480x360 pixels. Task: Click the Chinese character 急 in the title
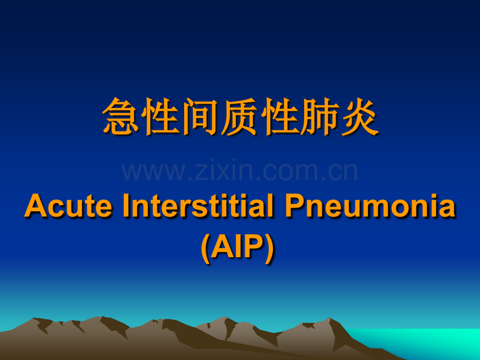coord(121,117)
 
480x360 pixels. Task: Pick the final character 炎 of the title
coord(359,117)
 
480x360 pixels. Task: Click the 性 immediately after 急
coord(160,117)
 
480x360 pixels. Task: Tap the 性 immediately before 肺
coord(280,117)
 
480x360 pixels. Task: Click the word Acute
coord(68,206)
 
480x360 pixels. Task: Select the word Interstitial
coord(198,205)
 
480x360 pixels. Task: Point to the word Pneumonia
coord(370,205)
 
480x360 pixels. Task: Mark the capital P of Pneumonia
coord(295,206)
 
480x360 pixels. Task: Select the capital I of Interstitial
coord(126,206)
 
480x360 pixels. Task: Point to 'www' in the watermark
coord(153,172)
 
